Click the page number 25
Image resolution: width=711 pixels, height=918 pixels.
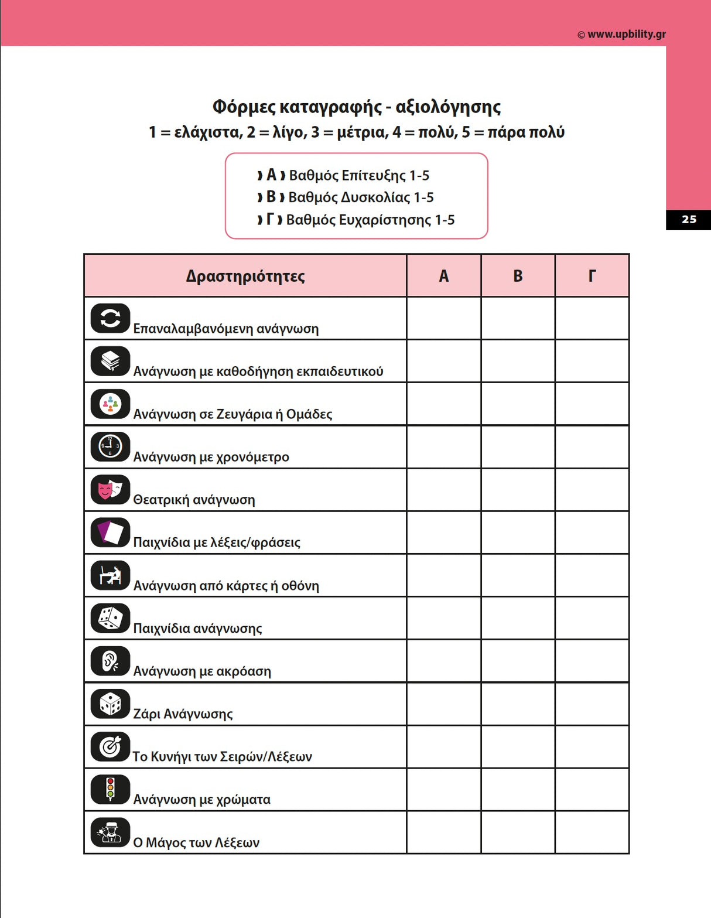click(689, 220)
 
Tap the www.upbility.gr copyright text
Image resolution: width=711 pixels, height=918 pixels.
click(621, 34)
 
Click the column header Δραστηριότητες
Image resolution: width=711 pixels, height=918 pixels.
click(245, 276)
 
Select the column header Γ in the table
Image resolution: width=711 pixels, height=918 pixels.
click(592, 276)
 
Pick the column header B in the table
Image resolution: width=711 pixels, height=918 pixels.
click(518, 276)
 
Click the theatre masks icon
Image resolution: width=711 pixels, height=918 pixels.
click(110, 489)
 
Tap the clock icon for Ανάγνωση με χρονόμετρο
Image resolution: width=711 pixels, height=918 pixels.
click(110, 446)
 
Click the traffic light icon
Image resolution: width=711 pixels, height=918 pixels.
click(110, 789)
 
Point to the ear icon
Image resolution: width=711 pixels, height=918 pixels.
click(110, 661)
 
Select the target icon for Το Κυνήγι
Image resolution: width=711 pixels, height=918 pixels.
click(110, 746)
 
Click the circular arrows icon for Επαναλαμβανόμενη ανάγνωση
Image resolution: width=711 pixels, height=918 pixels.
click(110, 318)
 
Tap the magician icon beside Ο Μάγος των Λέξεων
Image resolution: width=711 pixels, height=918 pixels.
click(110, 832)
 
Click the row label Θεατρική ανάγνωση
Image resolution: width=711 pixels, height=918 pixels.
click(194, 500)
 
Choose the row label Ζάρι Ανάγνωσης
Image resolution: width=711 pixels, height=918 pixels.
click(183, 714)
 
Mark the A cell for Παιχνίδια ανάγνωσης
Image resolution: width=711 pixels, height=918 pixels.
click(443, 618)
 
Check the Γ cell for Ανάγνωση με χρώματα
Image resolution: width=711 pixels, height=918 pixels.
click(592, 789)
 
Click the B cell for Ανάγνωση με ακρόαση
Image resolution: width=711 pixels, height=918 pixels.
click(518, 661)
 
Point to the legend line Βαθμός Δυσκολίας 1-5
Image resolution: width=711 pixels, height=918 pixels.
click(361, 197)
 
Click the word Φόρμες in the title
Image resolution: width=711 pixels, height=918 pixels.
click(243, 107)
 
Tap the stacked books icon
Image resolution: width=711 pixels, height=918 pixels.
click(110, 361)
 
